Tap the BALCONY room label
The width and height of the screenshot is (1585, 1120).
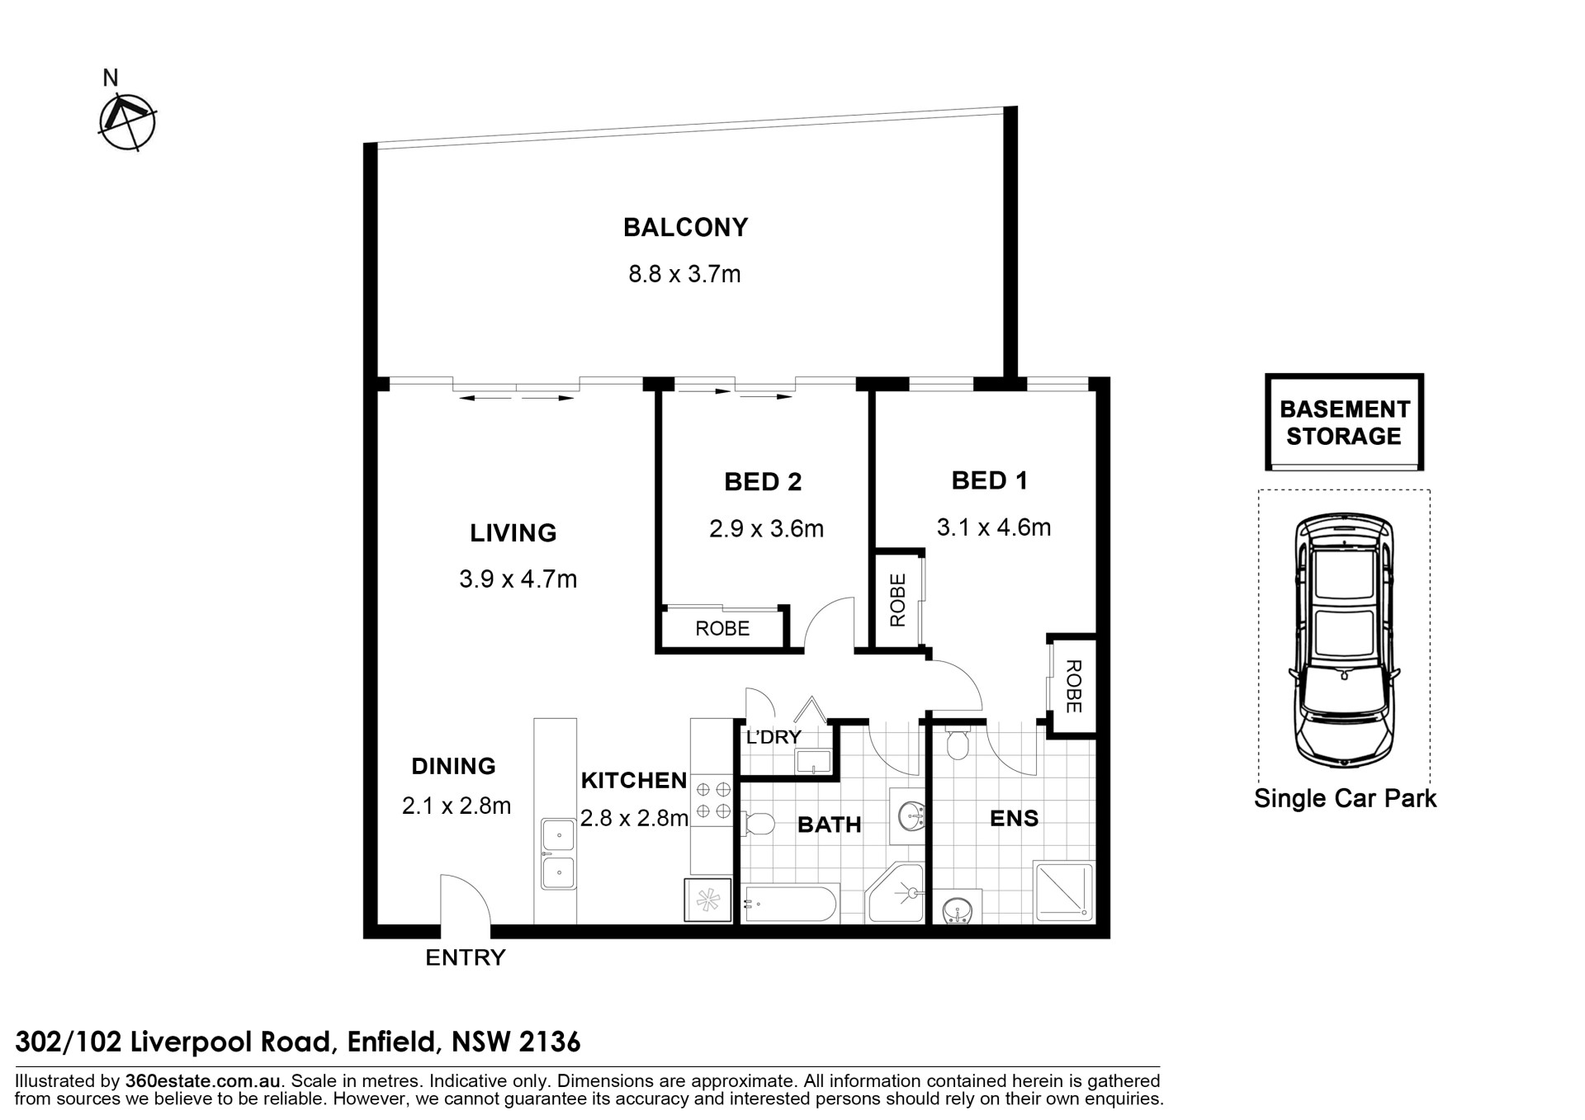(685, 227)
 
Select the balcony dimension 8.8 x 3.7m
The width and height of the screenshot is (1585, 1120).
(684, 273)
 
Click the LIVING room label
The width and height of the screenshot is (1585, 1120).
(513, 533)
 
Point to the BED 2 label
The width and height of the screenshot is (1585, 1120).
(763, 482)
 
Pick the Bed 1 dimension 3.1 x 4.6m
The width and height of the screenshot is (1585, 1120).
(994, 527)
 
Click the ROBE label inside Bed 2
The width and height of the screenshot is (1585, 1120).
(722, 629)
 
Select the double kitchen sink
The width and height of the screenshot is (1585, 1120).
(559, 853)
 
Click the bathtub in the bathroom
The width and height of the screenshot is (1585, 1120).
(790, 904)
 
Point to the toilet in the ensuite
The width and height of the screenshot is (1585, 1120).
(957, 743)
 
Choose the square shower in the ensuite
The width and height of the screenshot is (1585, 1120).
(1063, 891)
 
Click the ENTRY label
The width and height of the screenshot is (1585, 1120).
(465, 957)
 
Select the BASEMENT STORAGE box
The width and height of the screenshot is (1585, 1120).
(1344, 422)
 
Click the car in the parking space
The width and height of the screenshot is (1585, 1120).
(1344, 640)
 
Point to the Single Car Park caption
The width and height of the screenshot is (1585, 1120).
(1345, 798)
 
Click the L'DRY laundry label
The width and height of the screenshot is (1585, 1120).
(774, 737)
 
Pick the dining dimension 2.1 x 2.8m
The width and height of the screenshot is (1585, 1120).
(457, 806)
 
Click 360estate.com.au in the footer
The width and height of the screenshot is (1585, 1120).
(204, 1081)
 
